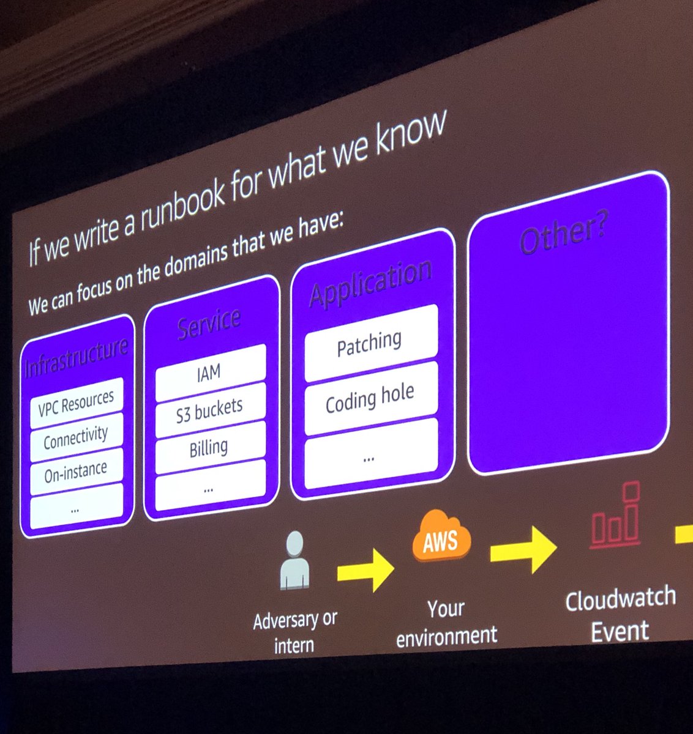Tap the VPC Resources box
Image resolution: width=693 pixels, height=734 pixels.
[x=77, y=403]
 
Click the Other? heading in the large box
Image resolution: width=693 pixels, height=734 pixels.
[x=564, y=235]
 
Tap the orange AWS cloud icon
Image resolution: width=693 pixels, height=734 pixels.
[x=441, y=537]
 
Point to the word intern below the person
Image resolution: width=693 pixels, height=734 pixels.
[x=294, y=645]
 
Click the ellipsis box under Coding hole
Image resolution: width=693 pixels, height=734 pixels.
[x=369, y=456]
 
